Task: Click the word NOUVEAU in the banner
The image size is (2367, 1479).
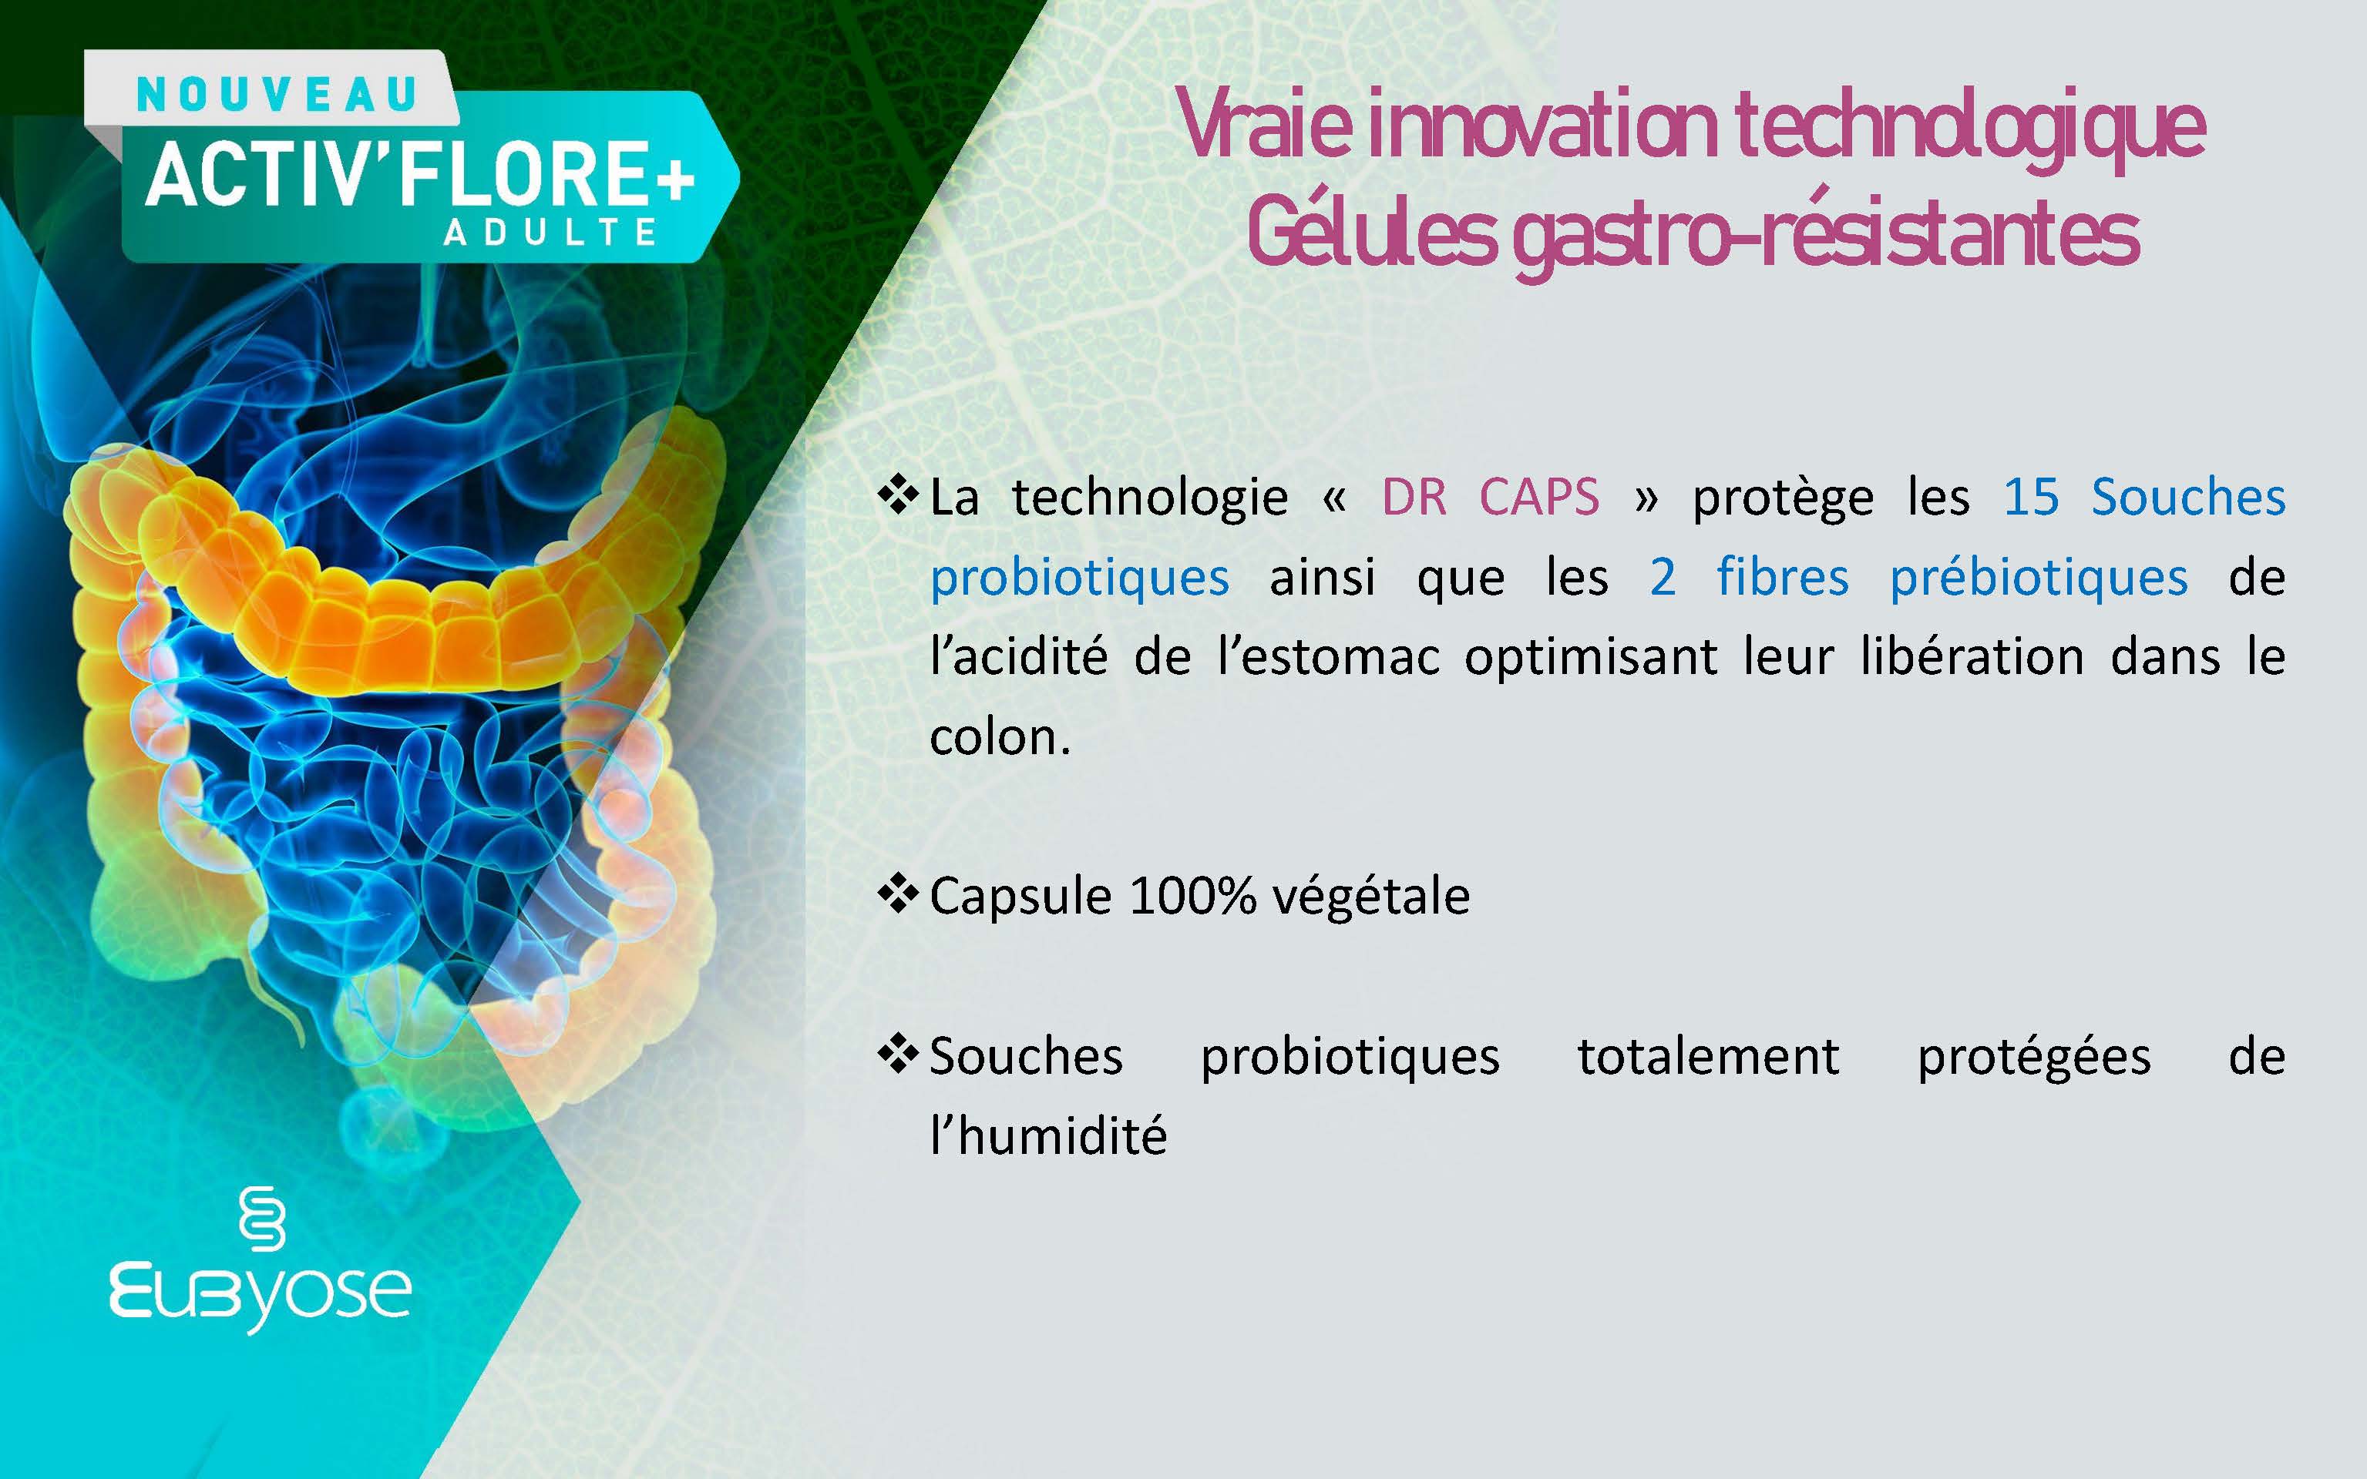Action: point(276,94)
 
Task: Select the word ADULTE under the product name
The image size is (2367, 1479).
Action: point(550,232)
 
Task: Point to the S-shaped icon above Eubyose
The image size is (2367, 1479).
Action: point(261,1218)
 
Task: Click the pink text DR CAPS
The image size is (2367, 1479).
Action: point(1490,497)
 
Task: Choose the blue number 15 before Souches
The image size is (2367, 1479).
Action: point(2032,497)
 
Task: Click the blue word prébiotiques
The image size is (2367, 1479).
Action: point(2039,578)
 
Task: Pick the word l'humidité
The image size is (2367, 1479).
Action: point(1048,1135)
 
